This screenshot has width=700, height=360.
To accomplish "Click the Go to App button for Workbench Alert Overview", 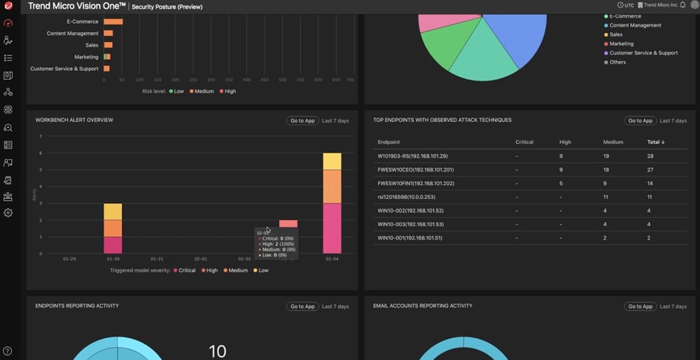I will pyautogui.click(x=302, y=120).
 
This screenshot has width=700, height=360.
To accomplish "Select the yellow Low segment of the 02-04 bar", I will pyautogui.click(x=332, y=161).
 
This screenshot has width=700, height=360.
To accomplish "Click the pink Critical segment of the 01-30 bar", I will pyautogui.click(x=113, y=244).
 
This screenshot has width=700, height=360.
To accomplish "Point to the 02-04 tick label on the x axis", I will pyautogui.click(x=332, y=258).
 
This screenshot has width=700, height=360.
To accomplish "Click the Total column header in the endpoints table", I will pyautogui.click(x=655, y=142).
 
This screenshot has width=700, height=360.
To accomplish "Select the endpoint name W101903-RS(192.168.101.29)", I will pyautogui.click(x=412, y=156).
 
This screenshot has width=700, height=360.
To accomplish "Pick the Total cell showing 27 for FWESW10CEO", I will pyautogui.click(x=650, y=169).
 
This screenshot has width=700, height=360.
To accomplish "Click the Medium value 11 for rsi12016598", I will pyautogui.click(x=606, y=197).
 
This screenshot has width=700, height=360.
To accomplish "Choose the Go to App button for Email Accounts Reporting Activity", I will pyautogui.click(x=640, y=306).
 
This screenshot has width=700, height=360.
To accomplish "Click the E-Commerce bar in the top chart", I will pyautogui.click(x=113, y=22).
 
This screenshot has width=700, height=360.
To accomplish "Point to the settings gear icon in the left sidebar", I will pyautogui.click(x=8, y=213).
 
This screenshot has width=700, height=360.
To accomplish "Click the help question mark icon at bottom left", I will pyautogui.click(x=8, y=351).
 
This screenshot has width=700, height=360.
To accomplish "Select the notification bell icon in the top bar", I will pyautogui.click(x=683, y=6).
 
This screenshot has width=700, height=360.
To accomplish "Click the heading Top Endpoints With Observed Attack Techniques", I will pyautogui.click(x=442, y=120).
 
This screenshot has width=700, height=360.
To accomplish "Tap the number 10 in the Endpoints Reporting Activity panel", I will pyautogui.click(x=218, y=350).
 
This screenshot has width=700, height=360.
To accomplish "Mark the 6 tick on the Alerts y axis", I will pyautogui.click(x=41, y=153).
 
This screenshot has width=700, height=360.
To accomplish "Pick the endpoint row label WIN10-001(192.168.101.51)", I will pyautogui.click(x=409, y=238).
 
